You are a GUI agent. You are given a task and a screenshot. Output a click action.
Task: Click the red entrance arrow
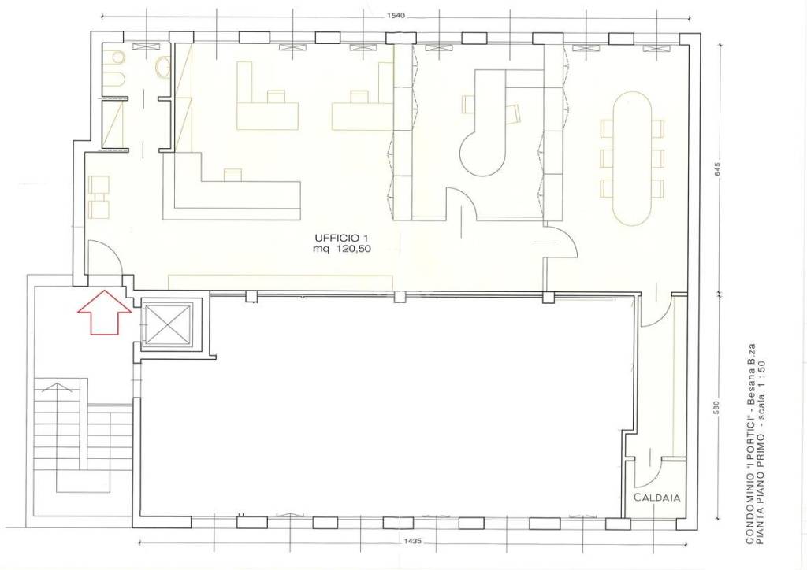click(105, 312)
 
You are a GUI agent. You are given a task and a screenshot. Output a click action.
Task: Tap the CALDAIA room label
click(656, 497)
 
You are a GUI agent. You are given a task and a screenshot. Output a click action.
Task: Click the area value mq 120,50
click(342, 250)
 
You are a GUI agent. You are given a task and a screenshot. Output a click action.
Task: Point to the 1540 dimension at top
click(396, 16)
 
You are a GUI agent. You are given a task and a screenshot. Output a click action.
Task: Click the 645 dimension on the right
click(718, 170)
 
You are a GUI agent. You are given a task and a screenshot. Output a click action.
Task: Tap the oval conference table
click(632, 158)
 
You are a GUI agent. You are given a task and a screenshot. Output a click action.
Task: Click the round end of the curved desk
click(482, 154)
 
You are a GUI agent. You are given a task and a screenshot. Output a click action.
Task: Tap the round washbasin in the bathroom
click(164, 67)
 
